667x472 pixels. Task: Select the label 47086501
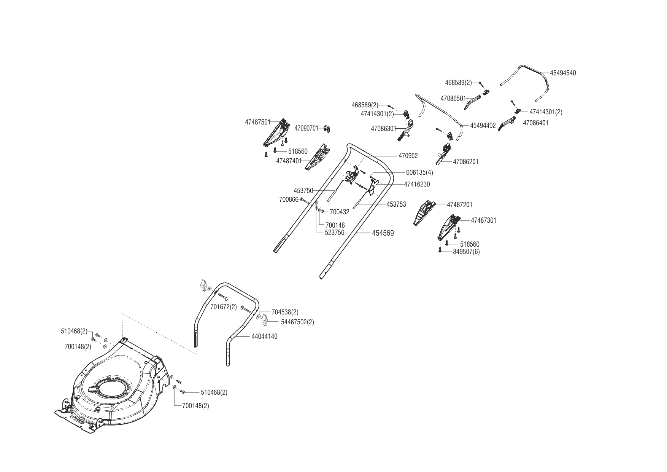point(453,99)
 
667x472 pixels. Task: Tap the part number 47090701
point(306,129)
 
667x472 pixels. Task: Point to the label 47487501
point(257,122)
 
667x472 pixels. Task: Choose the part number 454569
point(383,233)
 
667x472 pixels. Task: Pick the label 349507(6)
point(466,252)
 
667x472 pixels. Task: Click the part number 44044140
point(264,336)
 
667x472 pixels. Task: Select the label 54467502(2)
point(297,322)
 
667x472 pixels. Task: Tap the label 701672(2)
point(223,307)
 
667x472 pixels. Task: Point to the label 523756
point(334,233)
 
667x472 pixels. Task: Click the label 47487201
point(459,205)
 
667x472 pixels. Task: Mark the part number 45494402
point(483,125)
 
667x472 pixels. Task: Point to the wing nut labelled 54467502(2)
point(265,322)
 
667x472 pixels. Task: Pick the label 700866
point(289,199)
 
